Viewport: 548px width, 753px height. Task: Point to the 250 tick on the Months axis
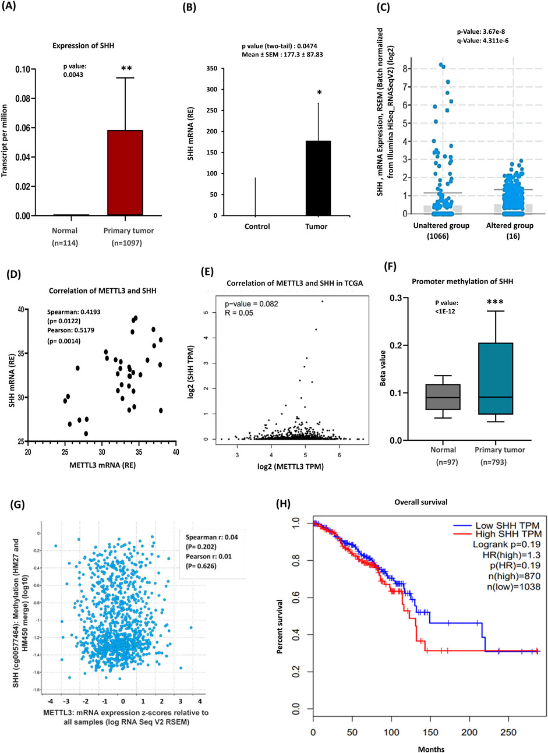[x=508, y=731]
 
